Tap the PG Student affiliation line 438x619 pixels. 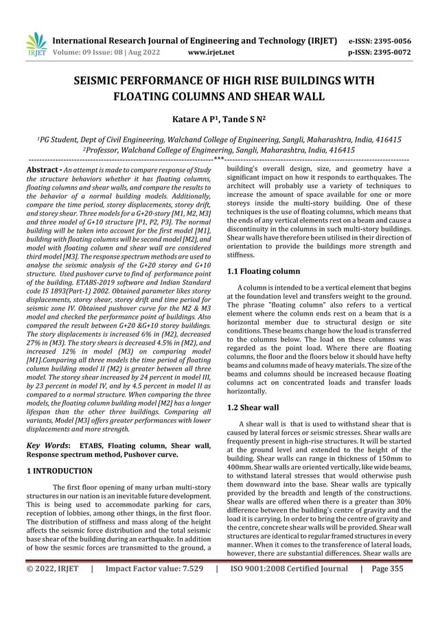(219, 139)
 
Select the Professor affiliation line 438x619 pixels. (219, 150)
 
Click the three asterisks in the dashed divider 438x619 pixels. (218, 159)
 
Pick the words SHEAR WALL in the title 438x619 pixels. (290, 97)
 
